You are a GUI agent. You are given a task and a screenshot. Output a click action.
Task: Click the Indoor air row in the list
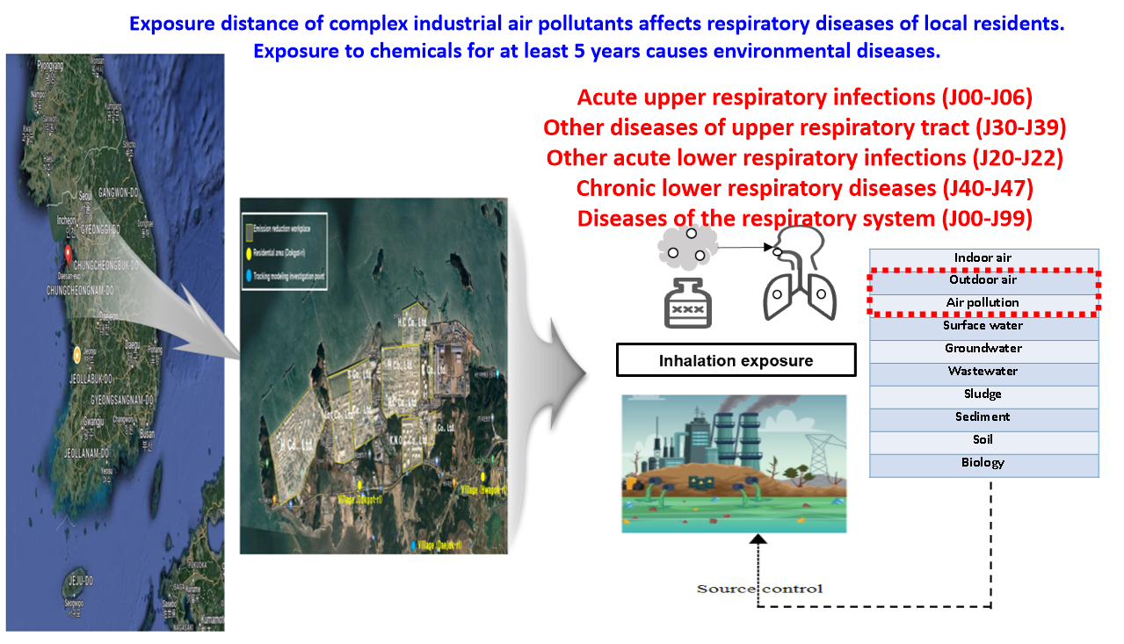point(983,258)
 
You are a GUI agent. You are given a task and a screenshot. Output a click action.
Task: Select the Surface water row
point(983,326)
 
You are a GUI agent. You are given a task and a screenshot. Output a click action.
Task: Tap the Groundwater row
point(983,349)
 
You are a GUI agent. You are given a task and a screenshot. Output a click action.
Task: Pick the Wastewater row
point(983,372)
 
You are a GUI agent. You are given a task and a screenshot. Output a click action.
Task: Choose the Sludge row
point(983,394)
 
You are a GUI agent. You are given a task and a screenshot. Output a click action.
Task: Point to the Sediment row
point(983,417)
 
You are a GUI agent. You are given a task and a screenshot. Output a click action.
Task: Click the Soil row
point(983,440)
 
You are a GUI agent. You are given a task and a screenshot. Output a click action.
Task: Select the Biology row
point(983,463)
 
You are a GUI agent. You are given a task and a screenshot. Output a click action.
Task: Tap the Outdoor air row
point(983,280)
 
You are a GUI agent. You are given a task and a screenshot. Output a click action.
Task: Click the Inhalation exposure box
point(736,360)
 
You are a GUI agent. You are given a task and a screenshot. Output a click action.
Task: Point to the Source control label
point(759,589)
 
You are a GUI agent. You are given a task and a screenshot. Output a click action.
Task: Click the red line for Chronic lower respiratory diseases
point(804,189)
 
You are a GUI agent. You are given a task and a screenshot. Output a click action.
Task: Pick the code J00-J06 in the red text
point(985,98)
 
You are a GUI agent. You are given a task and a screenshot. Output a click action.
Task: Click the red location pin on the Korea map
point(67,255)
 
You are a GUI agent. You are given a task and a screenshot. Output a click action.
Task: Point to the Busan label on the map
point(147,434)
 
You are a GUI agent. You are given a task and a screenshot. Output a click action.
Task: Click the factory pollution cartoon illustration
point(734,463)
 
